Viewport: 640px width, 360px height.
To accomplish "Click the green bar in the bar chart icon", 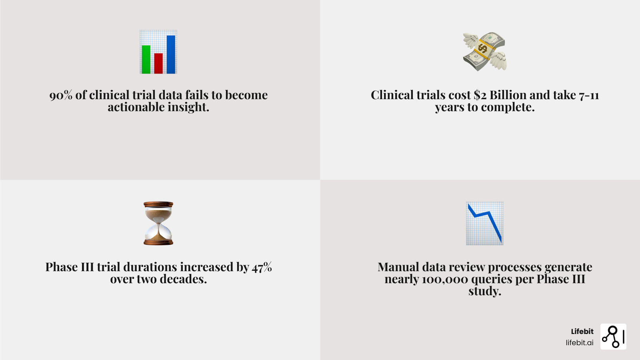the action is (x=146, y=60).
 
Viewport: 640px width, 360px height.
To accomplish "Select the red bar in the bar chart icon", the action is (x=158, y=64).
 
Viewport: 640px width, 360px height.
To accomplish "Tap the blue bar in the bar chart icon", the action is (x=171, y=54).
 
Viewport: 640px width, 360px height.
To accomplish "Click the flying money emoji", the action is (x=484, y=52).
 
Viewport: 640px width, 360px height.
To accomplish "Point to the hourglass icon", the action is (x=158, y=223).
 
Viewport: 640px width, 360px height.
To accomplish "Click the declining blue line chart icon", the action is (x=485, y=223).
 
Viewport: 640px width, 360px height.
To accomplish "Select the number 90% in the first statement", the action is (x=61, y=95).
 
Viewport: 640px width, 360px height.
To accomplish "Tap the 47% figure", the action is (x=262, y=267).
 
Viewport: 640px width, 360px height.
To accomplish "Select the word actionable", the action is (x=136, y=107).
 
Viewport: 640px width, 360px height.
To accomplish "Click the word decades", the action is (x=183, y=279).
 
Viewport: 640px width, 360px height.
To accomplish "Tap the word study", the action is (x=485, y=292).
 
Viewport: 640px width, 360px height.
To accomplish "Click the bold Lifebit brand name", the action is (x=582, y=332).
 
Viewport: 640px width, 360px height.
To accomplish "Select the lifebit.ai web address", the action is (x=580, y=342).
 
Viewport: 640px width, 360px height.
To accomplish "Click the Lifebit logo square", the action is (x=614, y=336).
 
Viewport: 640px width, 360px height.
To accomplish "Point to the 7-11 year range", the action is (x=589, y=96).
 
